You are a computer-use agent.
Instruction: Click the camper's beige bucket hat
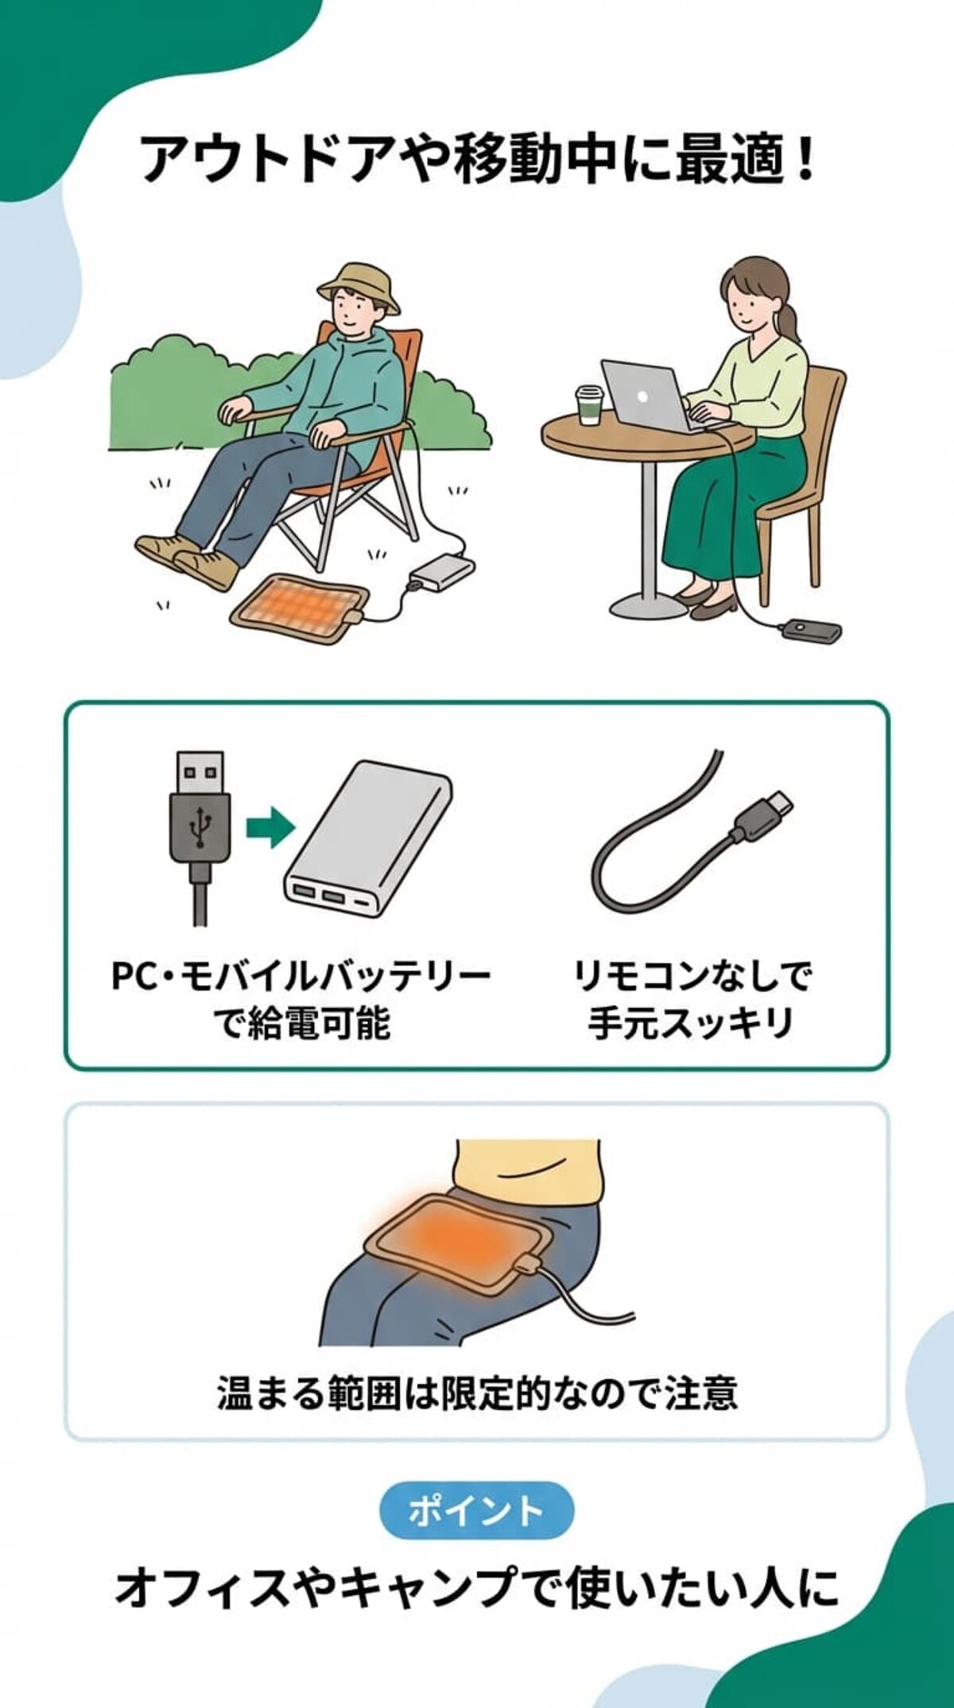[x=357, y=284]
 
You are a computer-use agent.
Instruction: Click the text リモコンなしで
[x=692, y=976]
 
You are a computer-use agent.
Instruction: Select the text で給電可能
[x=303, y=1023]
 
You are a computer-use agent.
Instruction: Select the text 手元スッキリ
[x=692, y=1023]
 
